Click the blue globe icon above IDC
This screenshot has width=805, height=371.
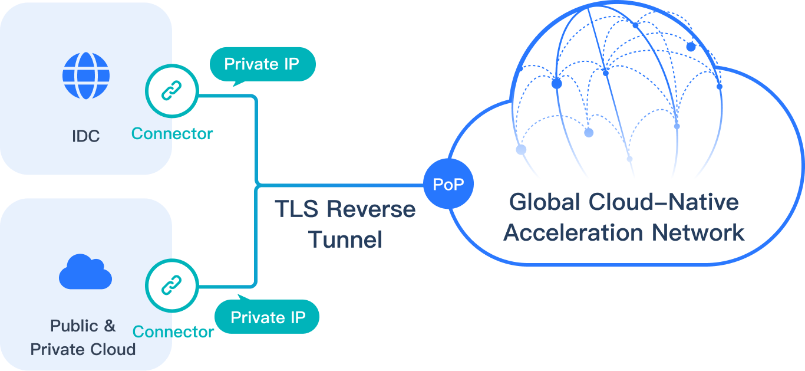coord(86,75)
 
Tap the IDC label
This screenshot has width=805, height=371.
coord(86,136)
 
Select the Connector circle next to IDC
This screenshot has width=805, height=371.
coord(171,91)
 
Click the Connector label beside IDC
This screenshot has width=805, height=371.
coord(171,133)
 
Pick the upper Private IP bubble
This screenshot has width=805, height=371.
coord(262,65)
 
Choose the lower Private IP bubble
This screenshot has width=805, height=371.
coord(266,316)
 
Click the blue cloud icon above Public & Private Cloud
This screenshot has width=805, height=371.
coord(85,272)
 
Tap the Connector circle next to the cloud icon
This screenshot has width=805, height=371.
coord(171,285)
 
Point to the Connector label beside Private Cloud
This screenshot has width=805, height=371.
coord(173,332)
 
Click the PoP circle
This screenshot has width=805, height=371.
coord(448,183)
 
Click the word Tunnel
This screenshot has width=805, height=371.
coord(345,239)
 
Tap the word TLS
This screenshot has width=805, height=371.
coord(296,209)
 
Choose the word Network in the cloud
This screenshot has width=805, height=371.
coord(698,232)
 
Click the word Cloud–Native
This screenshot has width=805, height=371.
coord(664,202)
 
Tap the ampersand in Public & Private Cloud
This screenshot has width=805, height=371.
coord(110,326)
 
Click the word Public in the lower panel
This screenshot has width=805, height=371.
coord(74,326)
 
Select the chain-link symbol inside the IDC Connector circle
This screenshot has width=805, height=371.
coord(171,90)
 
